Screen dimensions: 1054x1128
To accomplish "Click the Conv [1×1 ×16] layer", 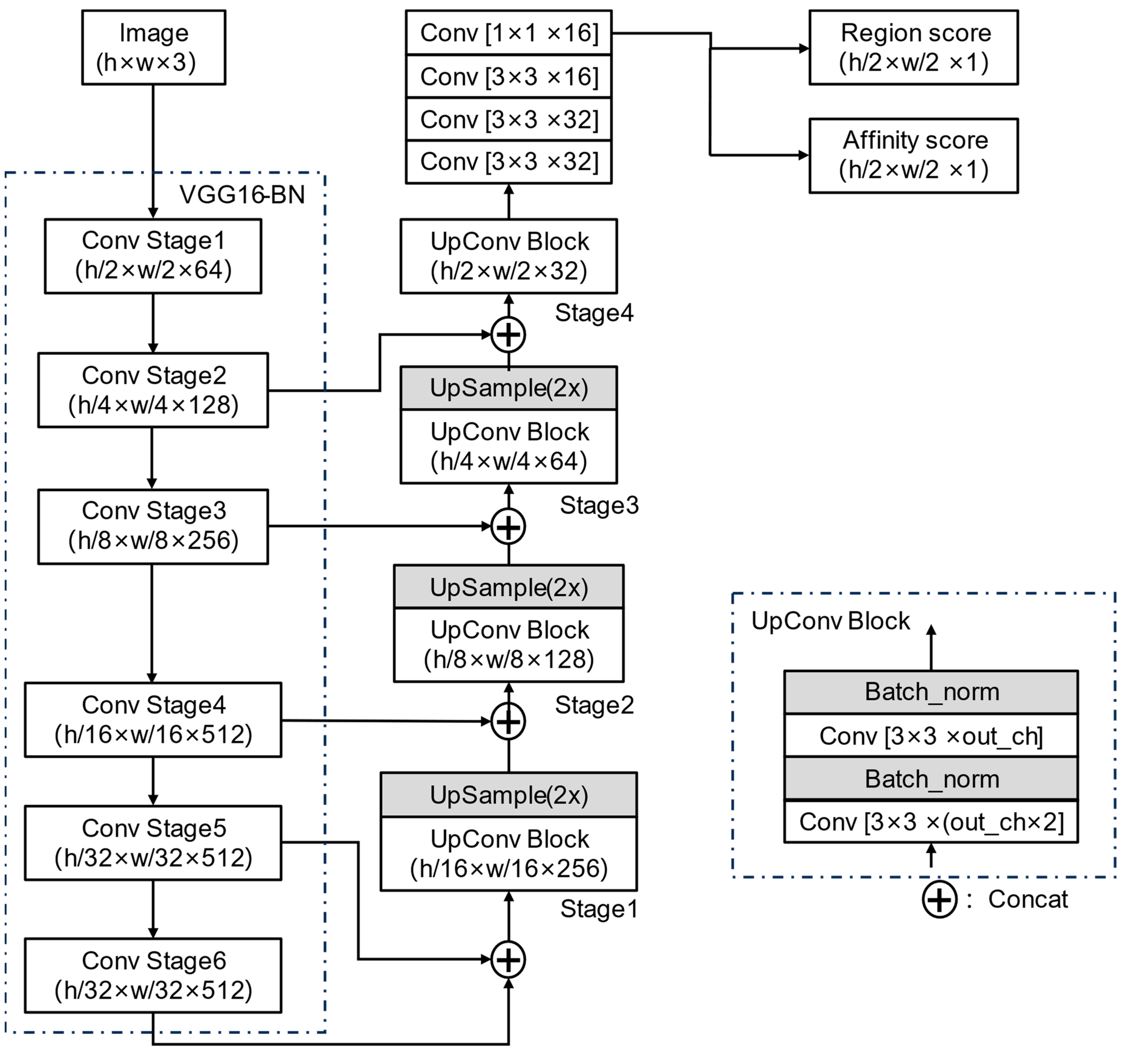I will [x=509, y=33].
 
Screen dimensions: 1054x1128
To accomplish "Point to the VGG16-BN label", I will [x=242, y=195].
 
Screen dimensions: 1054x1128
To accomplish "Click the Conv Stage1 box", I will [x=153, y=256].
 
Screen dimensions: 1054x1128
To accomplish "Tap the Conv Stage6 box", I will [x=153, y=975].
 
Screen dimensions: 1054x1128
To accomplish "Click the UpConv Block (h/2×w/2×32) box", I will [x=509, y=256].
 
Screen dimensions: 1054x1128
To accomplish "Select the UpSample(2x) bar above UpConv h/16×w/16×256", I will [x=509, y=795].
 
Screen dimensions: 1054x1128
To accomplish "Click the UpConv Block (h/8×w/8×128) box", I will [x=509, y=645].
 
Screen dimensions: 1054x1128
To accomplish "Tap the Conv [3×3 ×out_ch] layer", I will [x=931, y=736].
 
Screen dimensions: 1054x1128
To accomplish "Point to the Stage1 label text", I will [x=599, y=909].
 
